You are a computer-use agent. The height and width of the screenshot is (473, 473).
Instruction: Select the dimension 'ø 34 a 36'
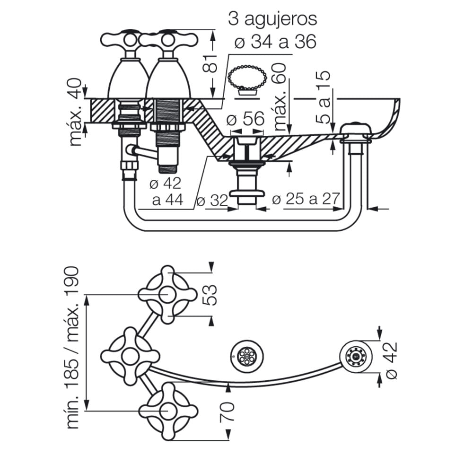[x=275, y=42]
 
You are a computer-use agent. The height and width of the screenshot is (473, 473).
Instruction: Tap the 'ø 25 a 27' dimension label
[x=306, y=200]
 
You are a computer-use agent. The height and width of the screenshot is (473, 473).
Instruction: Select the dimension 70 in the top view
[x=227, y=412]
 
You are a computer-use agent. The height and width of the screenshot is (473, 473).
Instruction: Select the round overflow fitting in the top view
[x=354, y=355]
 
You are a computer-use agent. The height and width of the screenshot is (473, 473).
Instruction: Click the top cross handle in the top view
[x=168, y=294]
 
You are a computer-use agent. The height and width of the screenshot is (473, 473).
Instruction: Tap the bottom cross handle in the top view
[x=168, y=411]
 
